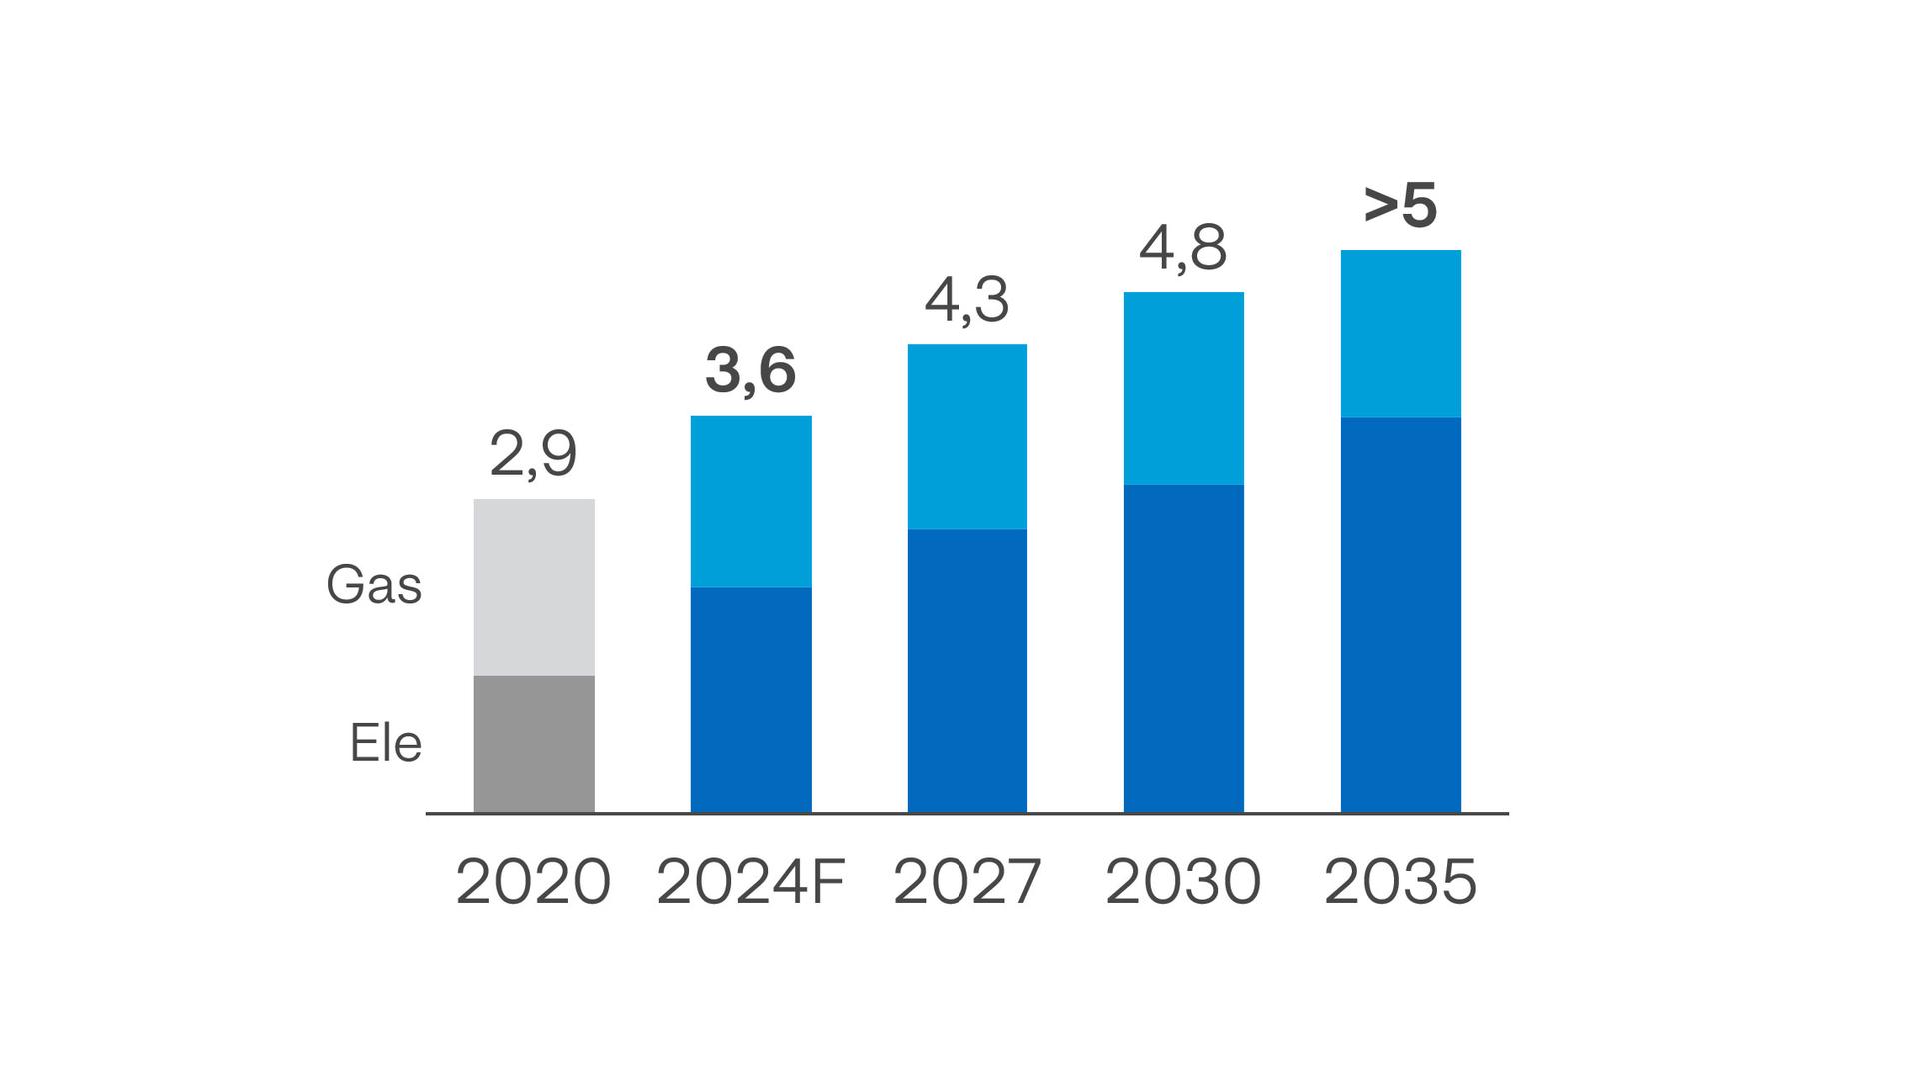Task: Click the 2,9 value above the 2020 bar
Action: [533, 455]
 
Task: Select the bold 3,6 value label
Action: [750, 371]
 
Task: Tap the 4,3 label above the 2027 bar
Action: [966, 300]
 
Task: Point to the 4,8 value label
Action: [1183, 248]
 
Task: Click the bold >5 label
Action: [1400, 206]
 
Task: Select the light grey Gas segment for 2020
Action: [534, 587]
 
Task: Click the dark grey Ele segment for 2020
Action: [534, 744]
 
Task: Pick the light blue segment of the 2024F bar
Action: [751, 501]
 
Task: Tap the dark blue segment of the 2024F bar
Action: [751, 699]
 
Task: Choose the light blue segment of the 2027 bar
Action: [967, 436]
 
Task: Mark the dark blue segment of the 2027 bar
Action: [967, 670]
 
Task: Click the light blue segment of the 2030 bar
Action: [1184, 388]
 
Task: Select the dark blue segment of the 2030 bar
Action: [1184, 648]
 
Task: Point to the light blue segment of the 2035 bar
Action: [1401, 333]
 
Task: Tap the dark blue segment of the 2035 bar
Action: [1401, 614]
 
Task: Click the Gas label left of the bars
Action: [374, 585]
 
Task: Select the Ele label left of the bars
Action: [385, 744]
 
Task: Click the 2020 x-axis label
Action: [533, 882]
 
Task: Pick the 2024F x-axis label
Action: [750, 882]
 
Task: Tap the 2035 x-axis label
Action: [1400, 882]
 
